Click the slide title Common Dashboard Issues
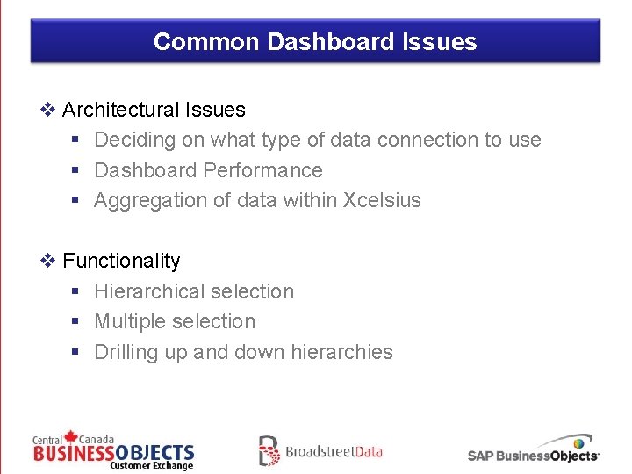(x=315, y=42)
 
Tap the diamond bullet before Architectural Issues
(x=48, y=110)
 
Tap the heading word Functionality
(x=121, y=261)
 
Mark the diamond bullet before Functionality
(x=48, y=261)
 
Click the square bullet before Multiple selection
(x=76, y=322)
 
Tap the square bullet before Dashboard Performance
(x=76, y=170)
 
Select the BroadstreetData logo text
(x=334, y=452)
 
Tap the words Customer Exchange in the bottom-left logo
(x=151, y=465)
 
